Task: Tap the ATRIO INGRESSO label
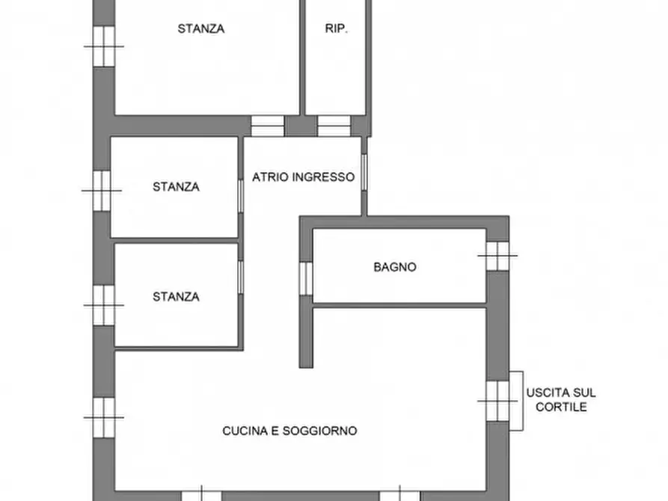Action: (x=303, y=177)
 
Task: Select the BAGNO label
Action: (x=395, y=267)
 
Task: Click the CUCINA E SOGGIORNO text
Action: (x=289, y=431)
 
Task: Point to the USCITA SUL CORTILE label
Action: (x=561, y=400)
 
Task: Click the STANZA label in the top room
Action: (x=201, y=29)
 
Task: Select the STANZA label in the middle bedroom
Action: (x=176, y=187)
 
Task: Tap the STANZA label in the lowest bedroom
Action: (x=176, y=297)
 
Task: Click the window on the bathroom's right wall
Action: (x=497, y=256)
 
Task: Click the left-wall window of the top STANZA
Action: (x=103, y=46)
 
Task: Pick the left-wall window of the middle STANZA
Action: (x=102, y=190)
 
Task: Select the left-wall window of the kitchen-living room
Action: (x=103, y=417)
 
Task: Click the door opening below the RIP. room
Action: (x=334, y=126)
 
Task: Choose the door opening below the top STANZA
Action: (x=267, y=126)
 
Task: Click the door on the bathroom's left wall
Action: (x=304, y=277)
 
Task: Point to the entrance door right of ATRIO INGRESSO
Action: (x=364, y=173)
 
